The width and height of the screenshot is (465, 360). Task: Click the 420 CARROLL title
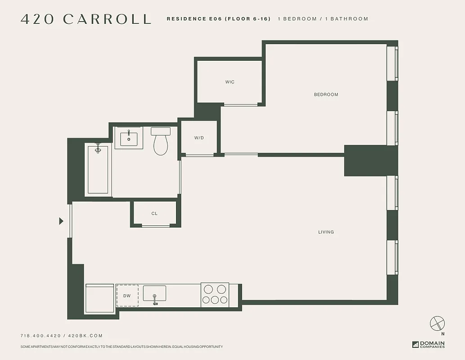pyautogui.click(x=86, y=19)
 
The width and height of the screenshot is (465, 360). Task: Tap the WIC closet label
pyautogui.click(x=230, y=82)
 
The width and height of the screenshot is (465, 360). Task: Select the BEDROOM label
pyautogui.click(x=326, y=94)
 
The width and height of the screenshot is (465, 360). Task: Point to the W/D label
pyautogui.click(x=199, y=138)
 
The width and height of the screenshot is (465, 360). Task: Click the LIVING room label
pyautogui.click(x=326, y=232)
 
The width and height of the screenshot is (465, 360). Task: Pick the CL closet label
pyautogui.click(x=154, y=214)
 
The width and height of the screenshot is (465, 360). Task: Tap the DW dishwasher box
pyautogui.click(x=127, y=296)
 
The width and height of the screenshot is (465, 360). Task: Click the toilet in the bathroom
pyautogui.click(x=161, y=141)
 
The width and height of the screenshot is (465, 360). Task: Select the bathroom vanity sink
pyautogui.click(x=129, y=137)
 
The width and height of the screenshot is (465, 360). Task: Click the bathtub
pyautogui.click(x=98, y=169)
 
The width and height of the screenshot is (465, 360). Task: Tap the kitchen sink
pyautogui.click(x=154, y=293)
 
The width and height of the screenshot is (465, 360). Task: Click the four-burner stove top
pyautogui.click(x=215, y=294)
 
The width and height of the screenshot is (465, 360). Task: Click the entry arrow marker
pyautogui.click(x=61, y=221)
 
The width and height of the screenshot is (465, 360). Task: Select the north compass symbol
pyautogui.click(x=437, y=324)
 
